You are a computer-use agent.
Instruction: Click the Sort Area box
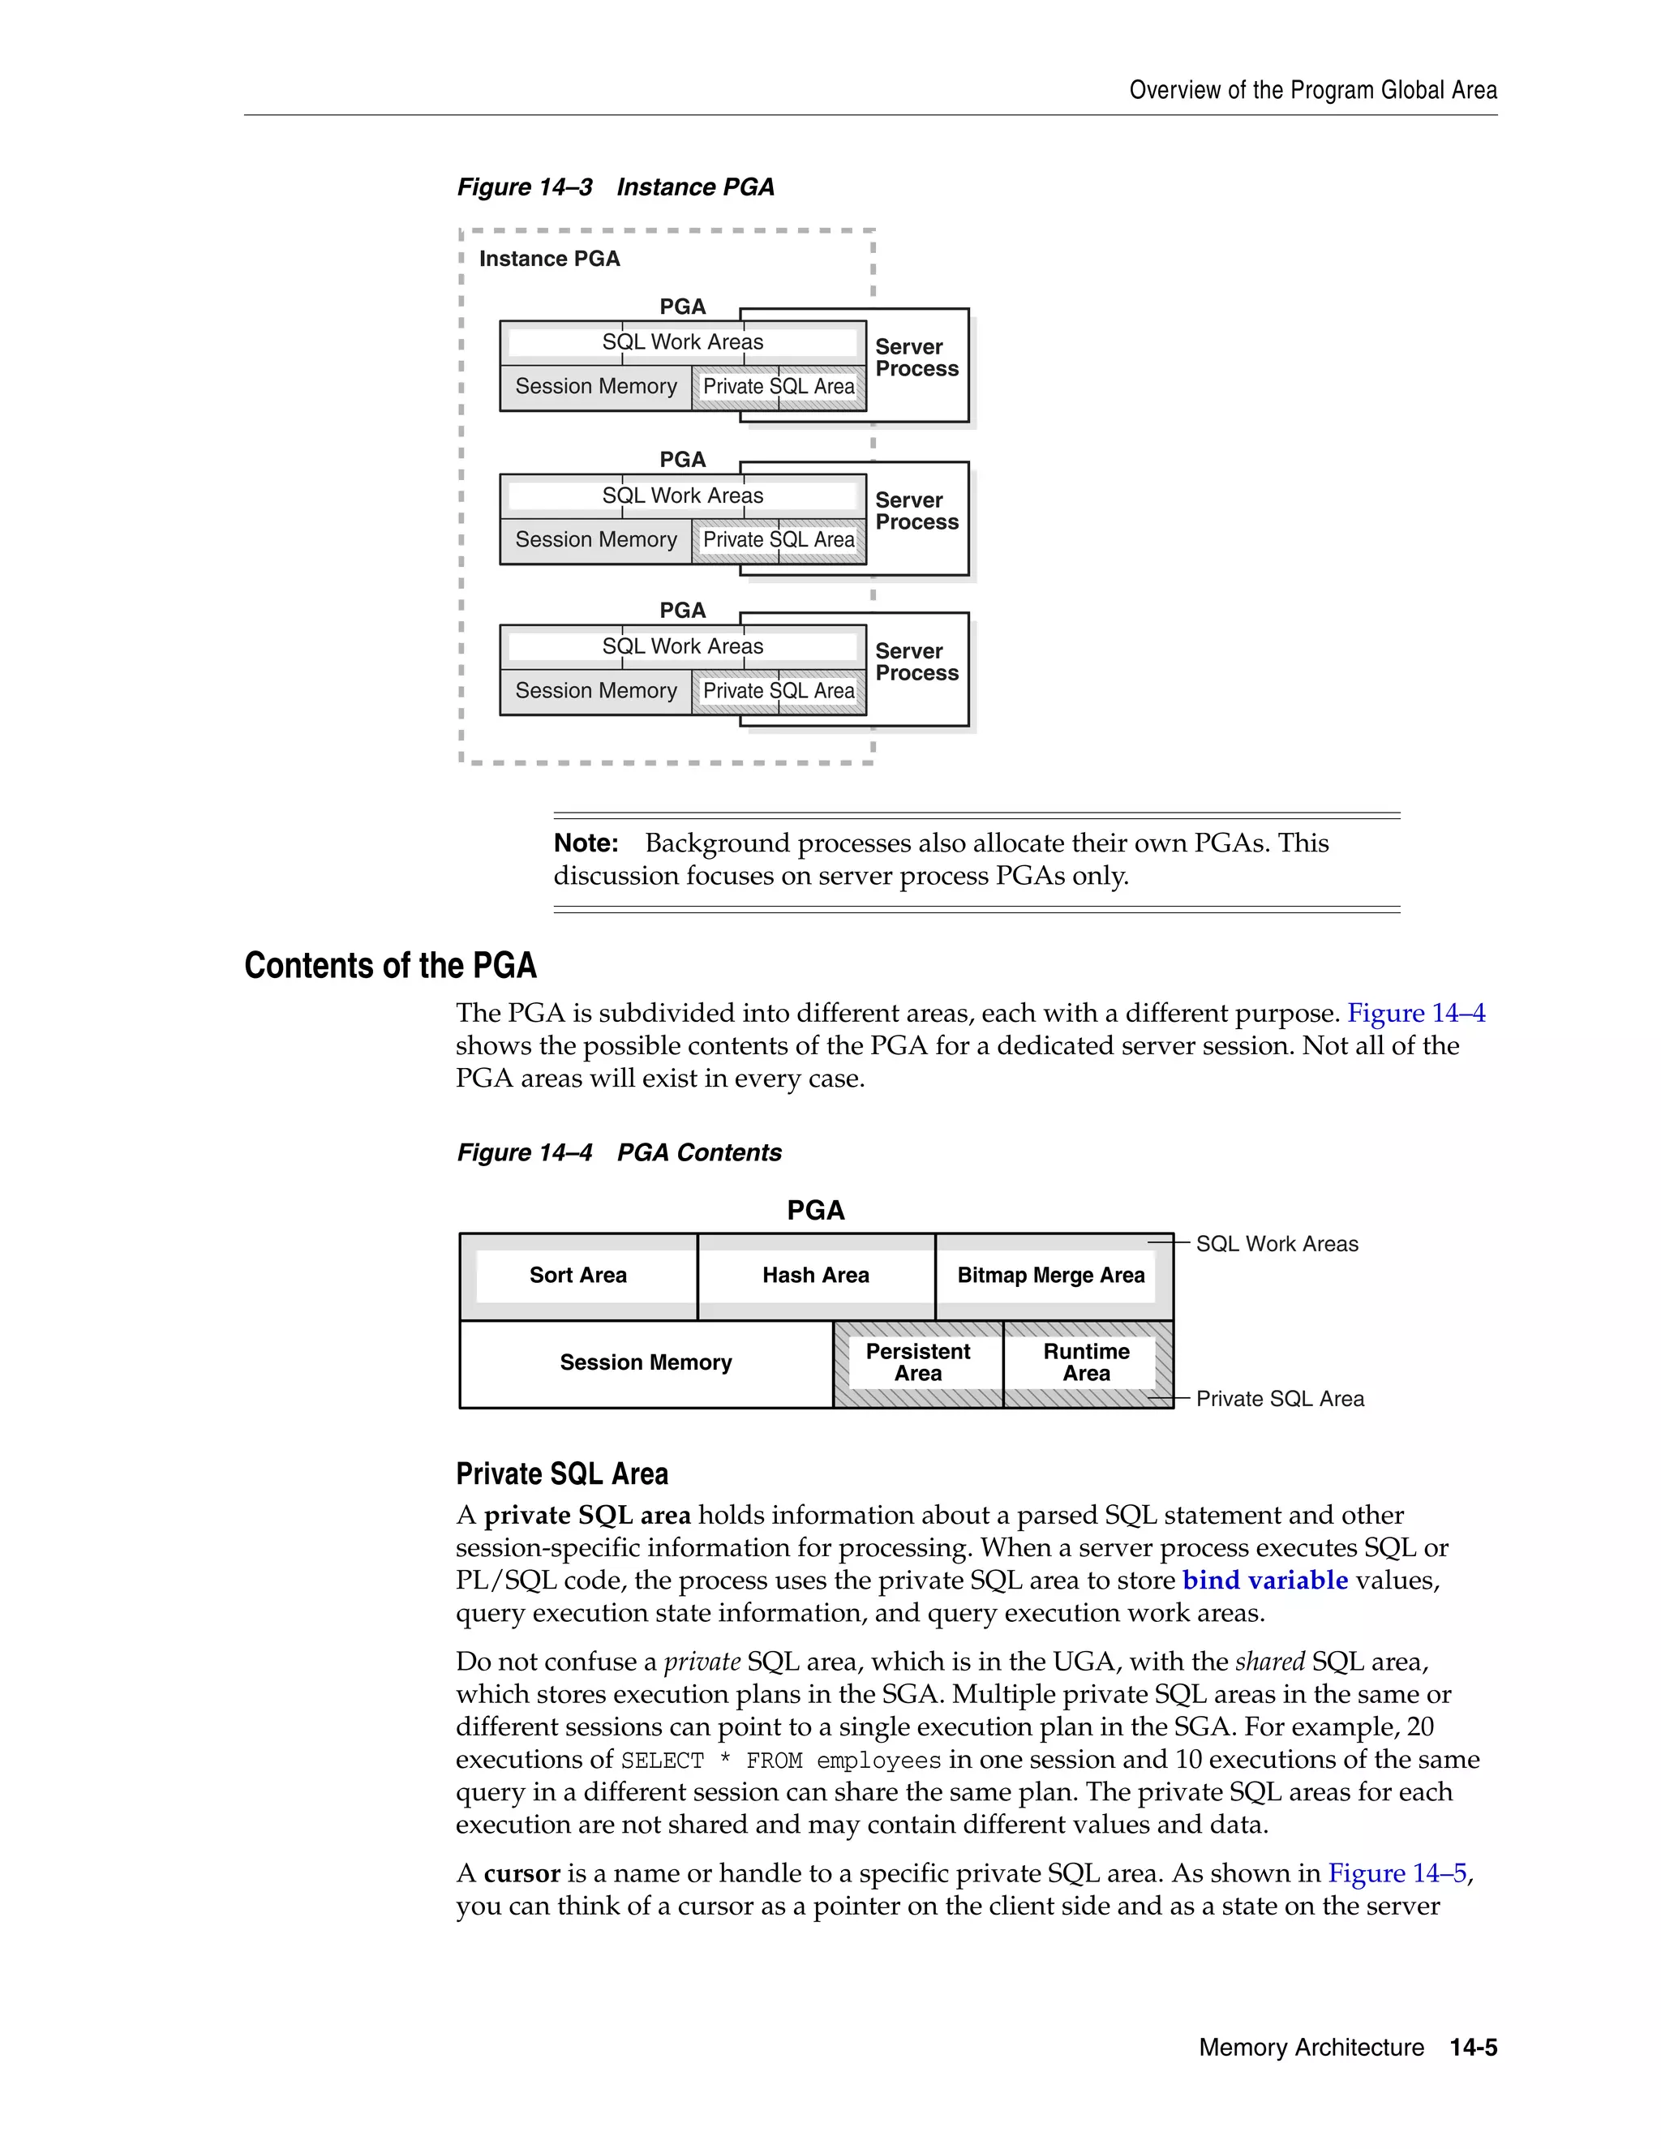(577, 1276)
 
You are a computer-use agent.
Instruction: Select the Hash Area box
(816, 1276)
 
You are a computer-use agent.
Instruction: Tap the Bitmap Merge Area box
(1051, 1276)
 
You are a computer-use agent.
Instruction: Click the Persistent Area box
(917, 1363)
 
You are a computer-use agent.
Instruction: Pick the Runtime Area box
(1086, 1363)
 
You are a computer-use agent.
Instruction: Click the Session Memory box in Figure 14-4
(646, 1363)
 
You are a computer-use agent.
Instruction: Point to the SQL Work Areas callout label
(1277, 1244)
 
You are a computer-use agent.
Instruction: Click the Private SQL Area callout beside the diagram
(1279, 1399)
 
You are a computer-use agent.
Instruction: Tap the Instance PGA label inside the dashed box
(549, 259)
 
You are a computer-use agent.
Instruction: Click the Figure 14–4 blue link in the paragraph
(1415, 1014)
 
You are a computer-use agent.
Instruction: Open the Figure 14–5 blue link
(1397, 1873)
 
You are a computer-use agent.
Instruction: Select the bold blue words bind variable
(1264, 1581)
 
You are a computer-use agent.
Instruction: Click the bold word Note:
(586, 843)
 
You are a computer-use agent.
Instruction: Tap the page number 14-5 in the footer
(1473, 2048)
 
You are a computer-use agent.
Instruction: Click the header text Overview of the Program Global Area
(1313, 91)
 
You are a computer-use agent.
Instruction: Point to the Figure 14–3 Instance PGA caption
(615, 187)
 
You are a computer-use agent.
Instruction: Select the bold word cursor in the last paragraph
(521, 1873)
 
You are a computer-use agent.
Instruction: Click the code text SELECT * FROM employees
(780, 1761)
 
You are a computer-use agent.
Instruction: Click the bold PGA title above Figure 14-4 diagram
(816, 1210)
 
